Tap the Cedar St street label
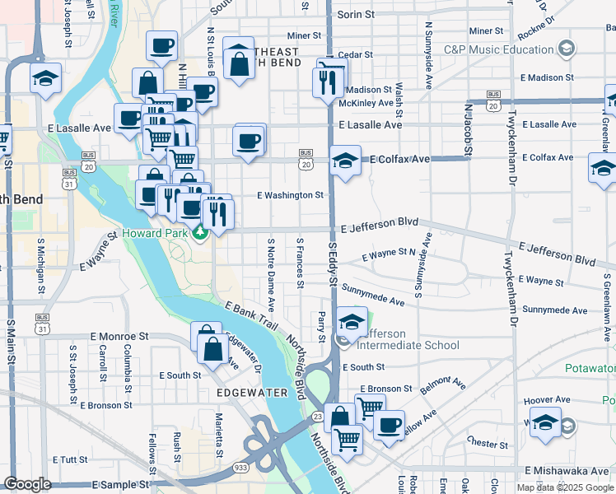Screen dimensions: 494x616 [x=355, y=54]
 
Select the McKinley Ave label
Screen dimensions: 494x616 [x=367, y=103]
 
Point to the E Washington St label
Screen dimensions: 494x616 [x=290, y=195]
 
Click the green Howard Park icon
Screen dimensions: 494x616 [x=199, y=234]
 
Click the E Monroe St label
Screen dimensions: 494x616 [x=119, y=337]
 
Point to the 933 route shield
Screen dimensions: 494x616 [x=241, y=467]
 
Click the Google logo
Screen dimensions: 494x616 [x=27, y=484]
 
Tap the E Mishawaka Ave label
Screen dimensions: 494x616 [x=568, y=470]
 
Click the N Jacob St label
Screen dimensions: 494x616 [x=467, y=128]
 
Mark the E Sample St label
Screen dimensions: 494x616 [x=119, y=485]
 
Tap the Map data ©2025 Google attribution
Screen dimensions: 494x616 [x=565, y=487]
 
